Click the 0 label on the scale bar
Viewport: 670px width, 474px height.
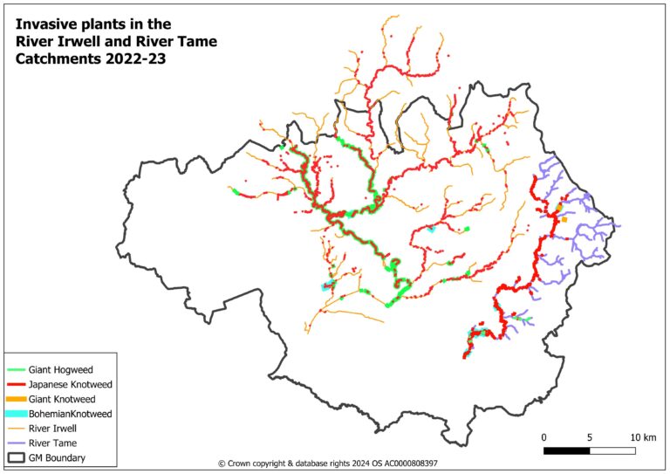coord(544,436)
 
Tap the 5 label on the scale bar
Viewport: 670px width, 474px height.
coord(590,436)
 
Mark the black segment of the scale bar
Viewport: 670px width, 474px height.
coord(566,450)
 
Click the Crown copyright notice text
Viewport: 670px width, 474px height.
coord(327,464)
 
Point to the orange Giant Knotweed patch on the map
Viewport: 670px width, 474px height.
coord(564,219)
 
